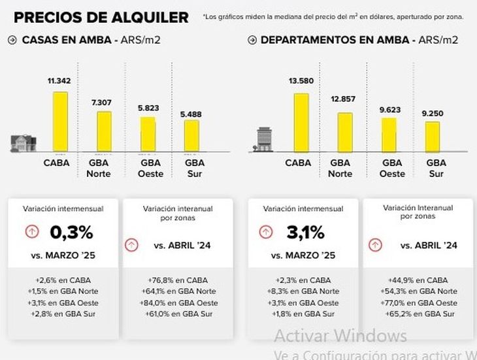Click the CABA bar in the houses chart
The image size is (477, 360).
pos(60,121)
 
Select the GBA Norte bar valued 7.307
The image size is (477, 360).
pos(105,131)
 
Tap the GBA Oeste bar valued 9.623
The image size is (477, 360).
pos(389,134)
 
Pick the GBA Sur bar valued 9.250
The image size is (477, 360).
pos(433,136)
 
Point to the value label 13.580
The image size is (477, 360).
pos(301,81)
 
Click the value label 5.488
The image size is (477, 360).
pos(191,114)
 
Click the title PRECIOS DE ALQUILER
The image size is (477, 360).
pos(101,18)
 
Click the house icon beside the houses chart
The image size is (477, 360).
pos(22,142)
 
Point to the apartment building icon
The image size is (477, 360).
pos(264,139)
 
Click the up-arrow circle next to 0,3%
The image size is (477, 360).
pos(31,232)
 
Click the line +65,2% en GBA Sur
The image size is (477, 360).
pos(418,314)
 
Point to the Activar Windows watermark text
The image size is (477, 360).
pos(340,336)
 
